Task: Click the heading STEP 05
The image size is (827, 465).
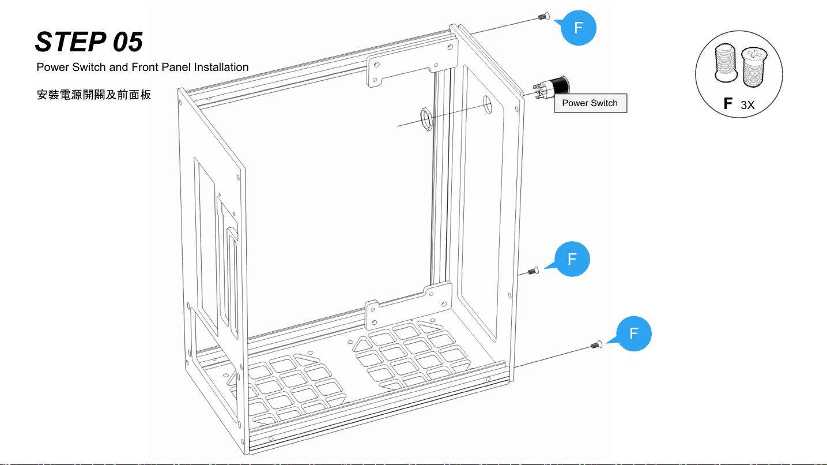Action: (89, 42)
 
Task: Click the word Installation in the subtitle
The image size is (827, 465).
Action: (221, 67)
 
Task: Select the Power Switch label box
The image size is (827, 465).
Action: (590, 103)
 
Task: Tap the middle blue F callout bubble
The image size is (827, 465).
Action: (572, 259)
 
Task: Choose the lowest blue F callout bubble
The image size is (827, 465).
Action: (633, 333)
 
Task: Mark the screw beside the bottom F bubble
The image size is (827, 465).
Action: (596, 345)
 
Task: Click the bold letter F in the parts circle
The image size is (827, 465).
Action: (728, 104)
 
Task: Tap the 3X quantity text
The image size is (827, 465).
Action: (747, 105)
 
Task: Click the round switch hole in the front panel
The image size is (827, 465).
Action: (487, 105)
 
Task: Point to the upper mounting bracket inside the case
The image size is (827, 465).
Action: (403, 69)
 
